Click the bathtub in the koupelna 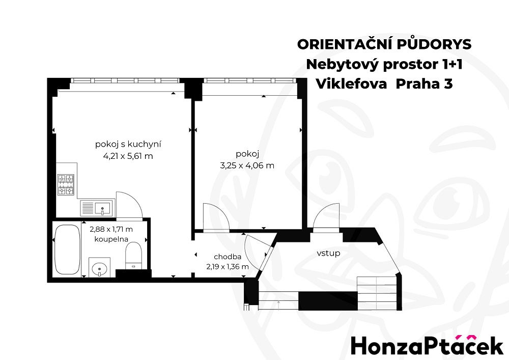[67, 250]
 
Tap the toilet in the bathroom [133, 256]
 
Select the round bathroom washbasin [99, 269]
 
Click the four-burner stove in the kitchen [66, 185]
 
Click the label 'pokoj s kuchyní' [128, 144]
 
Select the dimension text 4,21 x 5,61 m [128, 156]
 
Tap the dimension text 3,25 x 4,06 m [247, 165]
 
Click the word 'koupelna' [111, 239]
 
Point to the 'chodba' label [228, 257]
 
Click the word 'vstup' [328, 253]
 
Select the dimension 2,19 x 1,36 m [228, 267]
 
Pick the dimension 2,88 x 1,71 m [111, 229]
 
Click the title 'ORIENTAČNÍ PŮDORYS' [384, 44]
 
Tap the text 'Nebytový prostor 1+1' [384, 64]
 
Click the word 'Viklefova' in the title [352, 84]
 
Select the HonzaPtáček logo [427, 345]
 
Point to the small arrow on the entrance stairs [278, 304]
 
